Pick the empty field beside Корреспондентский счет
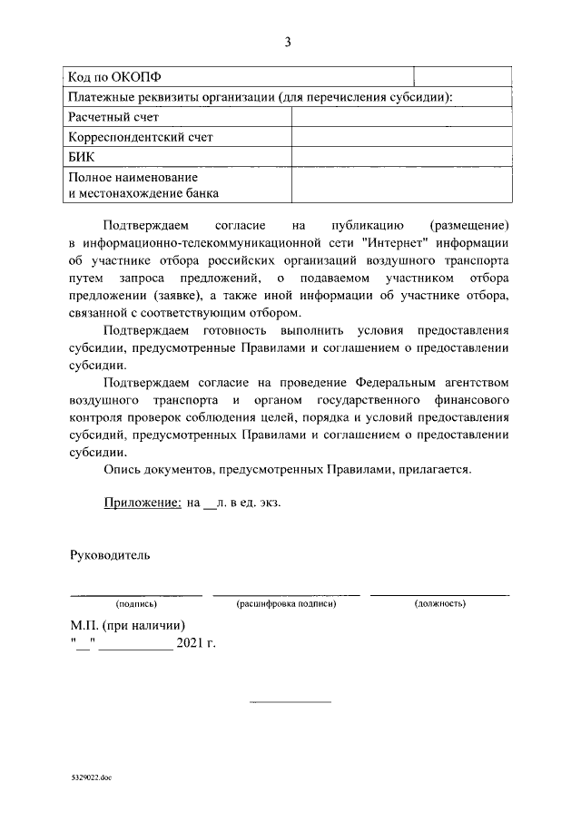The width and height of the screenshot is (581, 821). tap(400, 137)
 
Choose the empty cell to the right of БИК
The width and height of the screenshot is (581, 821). tap(400, 157)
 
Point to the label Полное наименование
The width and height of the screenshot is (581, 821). tap(133, 177)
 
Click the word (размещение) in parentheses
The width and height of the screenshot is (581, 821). tap(468, 224)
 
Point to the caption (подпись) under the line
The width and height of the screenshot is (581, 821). tap(136, 603)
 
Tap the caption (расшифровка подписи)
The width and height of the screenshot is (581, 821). tap(286, 603)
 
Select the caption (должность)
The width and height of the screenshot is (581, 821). tap(439, 603)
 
